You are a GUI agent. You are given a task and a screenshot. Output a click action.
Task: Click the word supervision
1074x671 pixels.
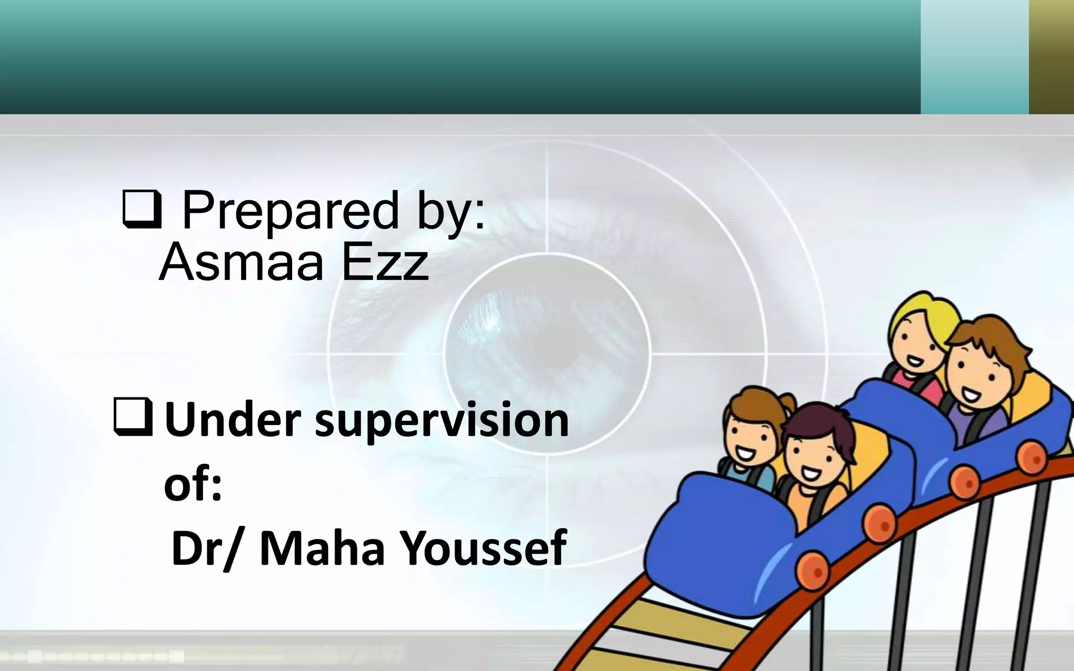point(442,421)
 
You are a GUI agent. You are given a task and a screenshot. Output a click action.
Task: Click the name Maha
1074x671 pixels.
point(322,548)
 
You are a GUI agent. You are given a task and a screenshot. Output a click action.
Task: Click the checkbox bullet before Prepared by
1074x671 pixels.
point(141,210)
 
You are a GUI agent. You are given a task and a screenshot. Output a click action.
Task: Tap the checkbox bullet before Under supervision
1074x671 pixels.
point(133,417)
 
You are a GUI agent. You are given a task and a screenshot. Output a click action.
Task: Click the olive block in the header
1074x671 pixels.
point(1051,57)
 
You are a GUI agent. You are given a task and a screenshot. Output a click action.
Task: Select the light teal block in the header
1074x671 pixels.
point(974,57)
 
